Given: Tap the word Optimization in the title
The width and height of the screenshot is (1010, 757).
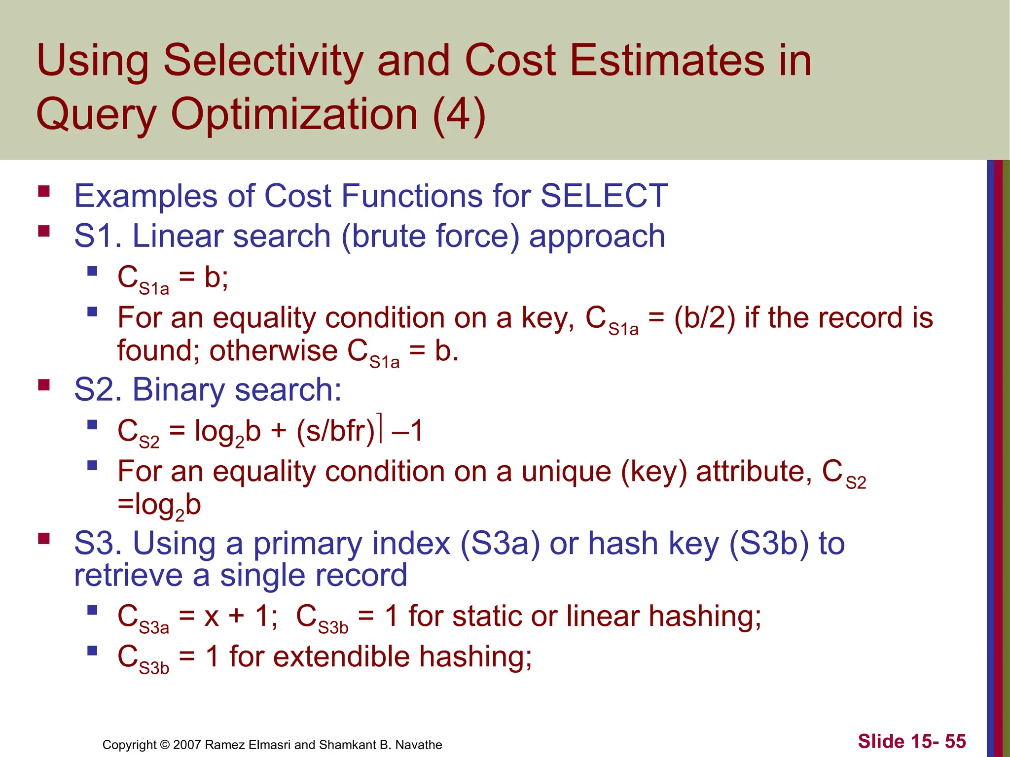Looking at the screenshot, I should [x=294, y=114].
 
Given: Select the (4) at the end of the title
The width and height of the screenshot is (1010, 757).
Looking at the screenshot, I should [x=459, y=114].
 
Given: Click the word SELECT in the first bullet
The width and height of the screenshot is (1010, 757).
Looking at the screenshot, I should [x=604, y=196].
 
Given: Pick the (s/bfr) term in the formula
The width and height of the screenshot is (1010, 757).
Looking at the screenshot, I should [x=336, y=430].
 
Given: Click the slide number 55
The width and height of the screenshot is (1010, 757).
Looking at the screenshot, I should [x=955, y=741].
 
